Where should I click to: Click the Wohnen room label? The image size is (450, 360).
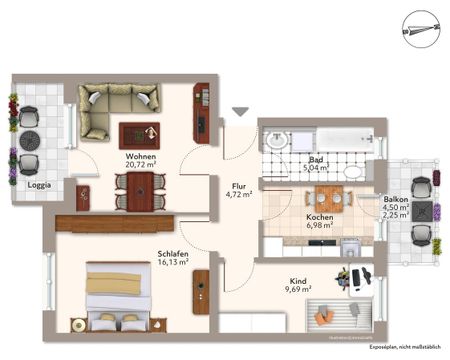[x=139, y=157]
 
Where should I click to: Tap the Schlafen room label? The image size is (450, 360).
[x=171, y=255]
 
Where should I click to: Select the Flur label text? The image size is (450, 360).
[x=239, y=185]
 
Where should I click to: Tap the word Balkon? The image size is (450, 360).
[x=396, y=199]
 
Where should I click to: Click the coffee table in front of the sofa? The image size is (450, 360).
[x=139, y=134]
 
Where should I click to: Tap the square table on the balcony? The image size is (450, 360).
[x=422, y=212]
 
